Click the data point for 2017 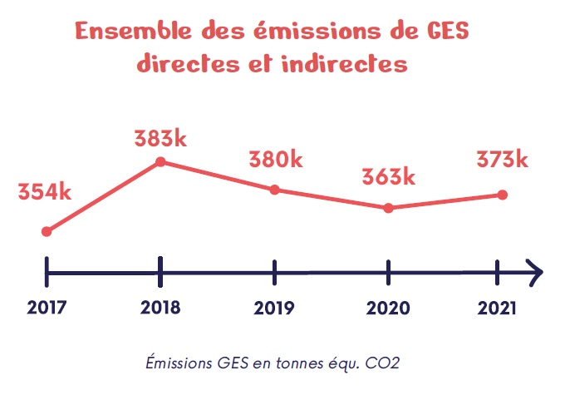tap(47, 231)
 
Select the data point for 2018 tap(160, 161)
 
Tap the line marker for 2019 tap(275, 190)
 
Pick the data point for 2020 tap(389, 208)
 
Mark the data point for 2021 tap(502, 195)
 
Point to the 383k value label tap(160, 139)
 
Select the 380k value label tap(275, 159)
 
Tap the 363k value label tap(388, 177)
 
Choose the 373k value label tap(502, 159)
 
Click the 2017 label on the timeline tap(47, 308)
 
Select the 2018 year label tap(160, 308)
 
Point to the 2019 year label tap(274, 308)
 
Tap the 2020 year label tap(388, 308)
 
